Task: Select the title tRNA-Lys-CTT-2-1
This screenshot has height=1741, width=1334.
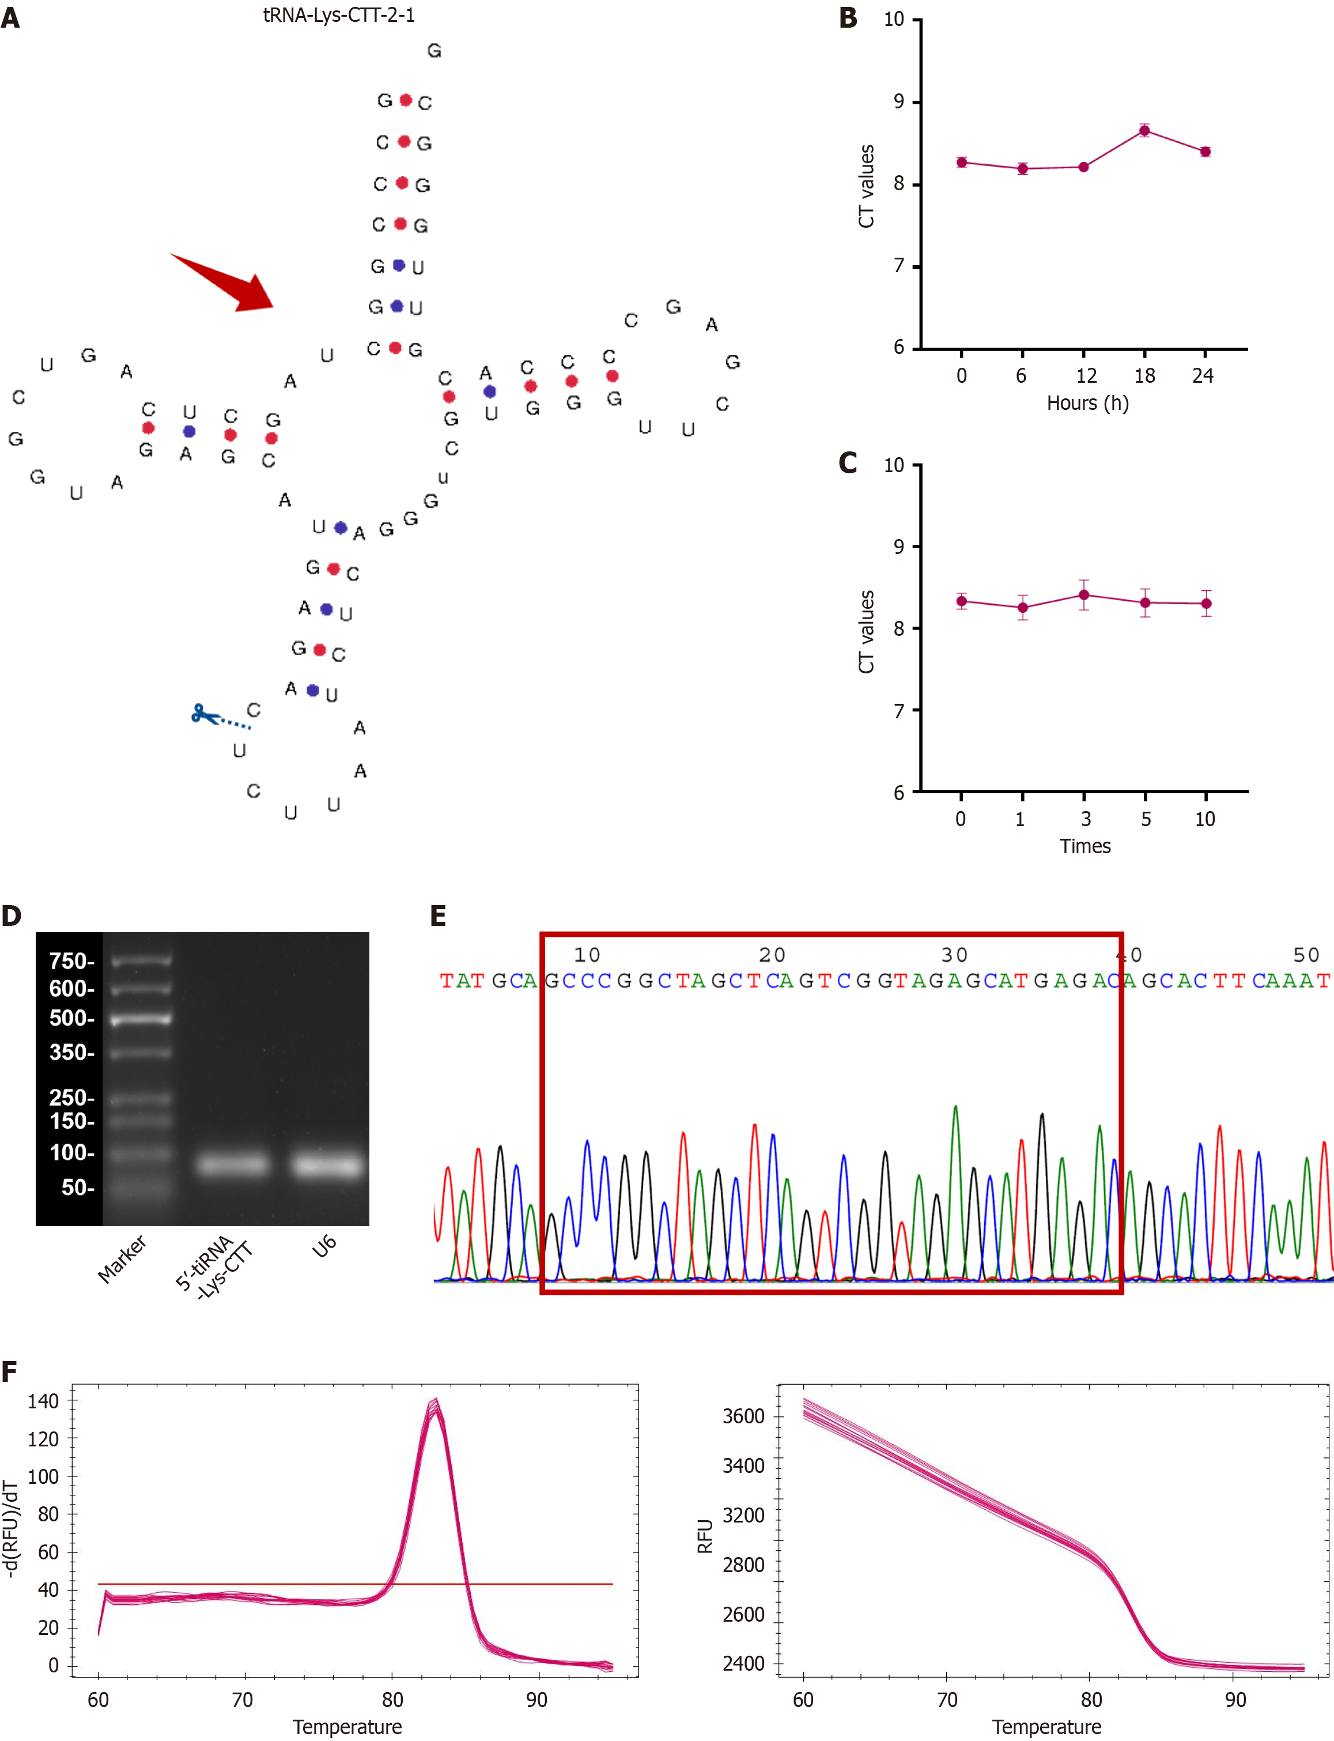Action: pyautogui.click(x=339, y=15)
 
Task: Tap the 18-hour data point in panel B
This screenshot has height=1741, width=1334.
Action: pyautogui.click(x=1144, y=131)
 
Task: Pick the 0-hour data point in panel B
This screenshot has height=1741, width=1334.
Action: pyautogui.click(x=962, y=162)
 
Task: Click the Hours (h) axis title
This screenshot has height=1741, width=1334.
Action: pyautogui.click(x=1087, y=403)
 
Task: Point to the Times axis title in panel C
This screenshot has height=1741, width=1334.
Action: pyautogui.click(x=1084, y=846)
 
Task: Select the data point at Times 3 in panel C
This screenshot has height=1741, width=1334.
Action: pyautogui.click(x=1084, y=595)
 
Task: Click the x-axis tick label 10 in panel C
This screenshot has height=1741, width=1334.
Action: pyautogui.click(x=1204, y=819)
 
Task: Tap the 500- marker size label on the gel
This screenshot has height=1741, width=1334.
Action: pyautogui.click(x=71, y=1018)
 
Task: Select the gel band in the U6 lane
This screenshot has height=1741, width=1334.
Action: pyautogui.click(x=328, y=1165)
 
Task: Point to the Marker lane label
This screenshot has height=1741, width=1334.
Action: pyautogui.click(x=122, y=1260)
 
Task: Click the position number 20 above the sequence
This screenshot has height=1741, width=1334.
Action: pyautogui.click(x=772, y=955)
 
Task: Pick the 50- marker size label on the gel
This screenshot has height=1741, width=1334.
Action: pyautogui.click(x=78, y=1188)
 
